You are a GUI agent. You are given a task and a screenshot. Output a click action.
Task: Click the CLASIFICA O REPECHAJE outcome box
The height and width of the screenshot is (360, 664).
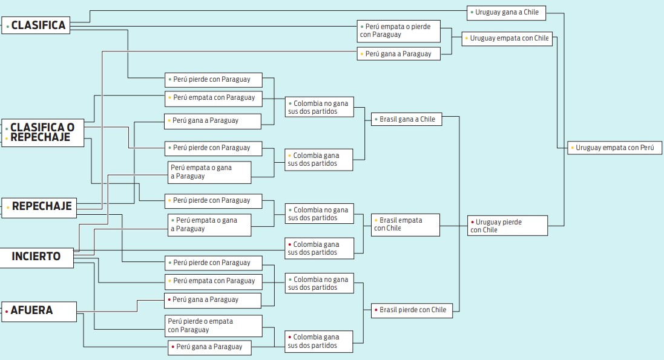[43, 133]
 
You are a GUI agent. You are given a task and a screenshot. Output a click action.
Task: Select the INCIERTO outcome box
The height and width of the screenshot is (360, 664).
[36, 257]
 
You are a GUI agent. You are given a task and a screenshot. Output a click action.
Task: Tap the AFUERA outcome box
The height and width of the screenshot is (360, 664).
[39, 311]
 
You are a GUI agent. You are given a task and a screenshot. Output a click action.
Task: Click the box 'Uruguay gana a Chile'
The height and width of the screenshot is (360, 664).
[507, 13]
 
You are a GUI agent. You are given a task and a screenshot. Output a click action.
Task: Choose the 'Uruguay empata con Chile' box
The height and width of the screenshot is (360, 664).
[507, 39]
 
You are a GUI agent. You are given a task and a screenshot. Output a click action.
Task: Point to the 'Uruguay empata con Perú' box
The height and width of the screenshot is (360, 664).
[614, 148]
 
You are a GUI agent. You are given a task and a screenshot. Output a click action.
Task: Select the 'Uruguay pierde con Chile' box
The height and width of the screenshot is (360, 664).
[507, 226]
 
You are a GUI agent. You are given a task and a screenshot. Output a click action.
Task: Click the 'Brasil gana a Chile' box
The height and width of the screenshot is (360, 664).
[407, 119]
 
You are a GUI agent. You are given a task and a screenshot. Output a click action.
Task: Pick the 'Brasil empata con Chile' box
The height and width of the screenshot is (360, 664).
[406, 224]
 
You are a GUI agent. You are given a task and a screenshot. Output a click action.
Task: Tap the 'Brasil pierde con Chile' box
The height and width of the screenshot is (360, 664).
[412, 310]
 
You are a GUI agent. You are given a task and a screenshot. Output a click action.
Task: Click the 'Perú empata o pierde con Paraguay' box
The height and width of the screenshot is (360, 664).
[398, 31]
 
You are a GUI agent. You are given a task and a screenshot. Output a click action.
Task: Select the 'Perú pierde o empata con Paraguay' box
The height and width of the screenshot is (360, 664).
[214, 326]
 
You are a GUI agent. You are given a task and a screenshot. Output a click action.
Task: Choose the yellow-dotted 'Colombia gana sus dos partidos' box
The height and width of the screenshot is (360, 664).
[319, 160]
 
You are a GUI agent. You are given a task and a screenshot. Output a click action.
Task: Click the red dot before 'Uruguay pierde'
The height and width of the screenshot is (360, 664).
[472, 222]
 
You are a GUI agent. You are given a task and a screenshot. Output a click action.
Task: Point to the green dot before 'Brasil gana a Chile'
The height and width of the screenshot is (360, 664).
[376, 119]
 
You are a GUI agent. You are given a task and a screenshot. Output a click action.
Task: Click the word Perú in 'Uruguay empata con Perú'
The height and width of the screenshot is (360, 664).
[647, 148]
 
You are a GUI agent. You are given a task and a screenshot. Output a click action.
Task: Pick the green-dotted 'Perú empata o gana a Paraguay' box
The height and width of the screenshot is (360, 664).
[209, 225]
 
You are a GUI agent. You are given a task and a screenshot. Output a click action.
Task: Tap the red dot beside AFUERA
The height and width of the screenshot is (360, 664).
[7, 312]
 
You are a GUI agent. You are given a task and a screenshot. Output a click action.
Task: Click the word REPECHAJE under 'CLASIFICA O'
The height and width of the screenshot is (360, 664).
[40, 137]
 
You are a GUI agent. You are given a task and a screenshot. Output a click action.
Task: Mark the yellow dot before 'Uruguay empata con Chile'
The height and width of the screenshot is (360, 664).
[466, 39]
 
